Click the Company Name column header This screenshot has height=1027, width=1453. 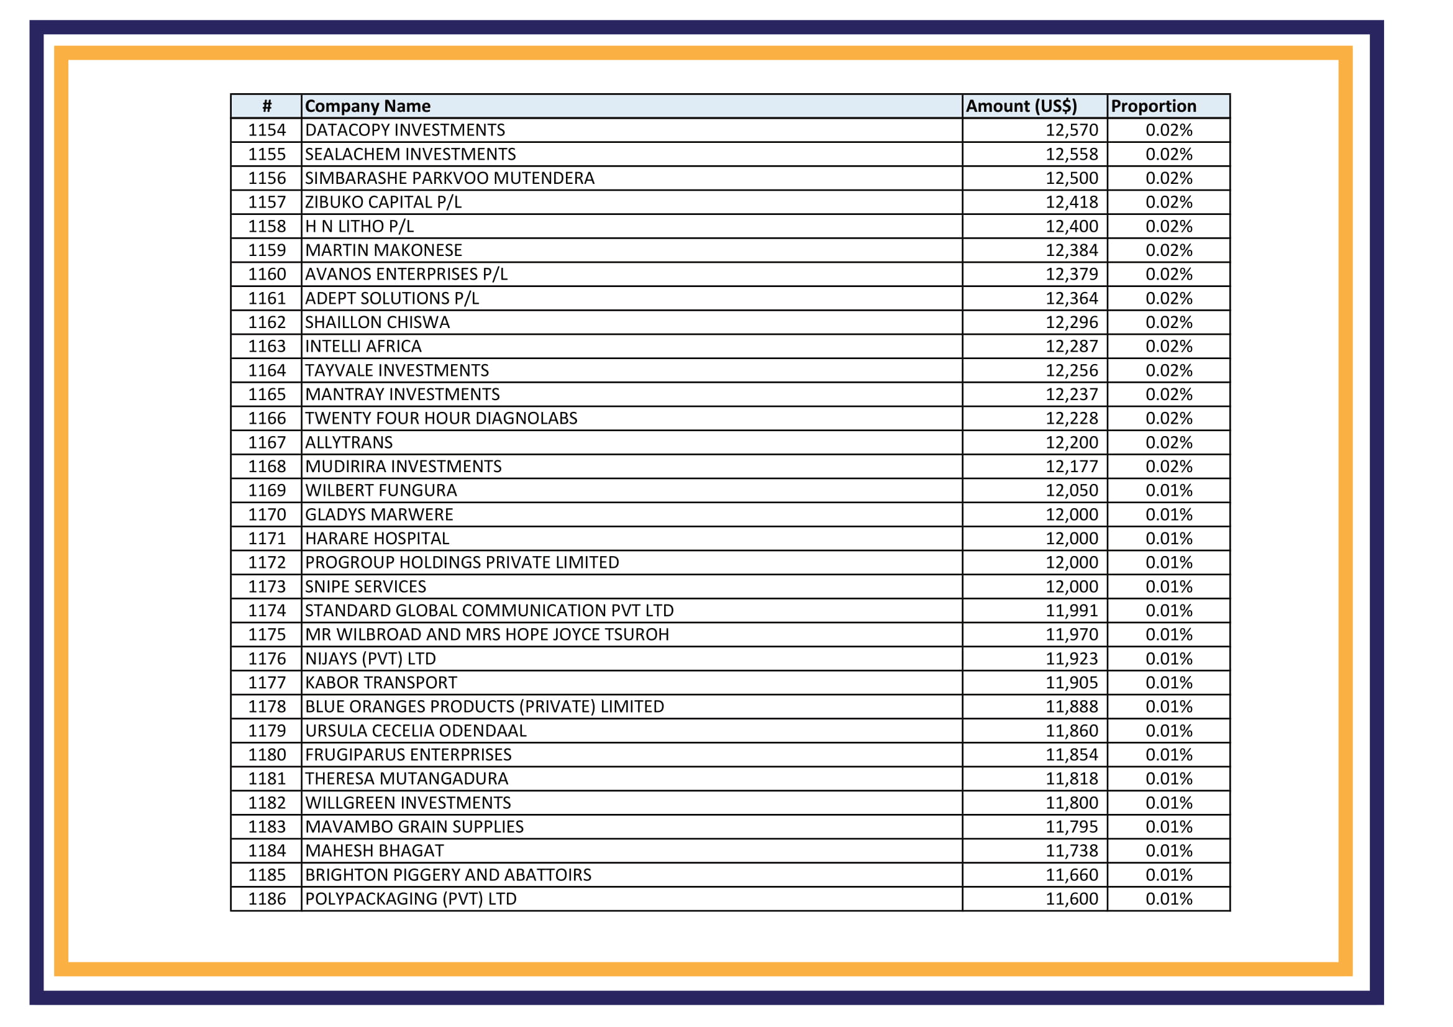tap(367, 106)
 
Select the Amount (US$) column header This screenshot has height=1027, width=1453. tap(1021, 106)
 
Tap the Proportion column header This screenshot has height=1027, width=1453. tap(1153, 106)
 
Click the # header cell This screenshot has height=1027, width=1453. tap(266, 106)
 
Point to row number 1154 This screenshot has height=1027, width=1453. tap(266, 130)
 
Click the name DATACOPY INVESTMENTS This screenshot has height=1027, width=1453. tap(404, 130)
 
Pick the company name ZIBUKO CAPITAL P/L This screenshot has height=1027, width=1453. tap(383, 203)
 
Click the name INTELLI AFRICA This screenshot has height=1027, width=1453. tap(363, 347)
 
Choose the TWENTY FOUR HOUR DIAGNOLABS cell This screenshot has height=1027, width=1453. tap(440, 419)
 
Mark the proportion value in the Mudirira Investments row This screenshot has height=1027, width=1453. tap(1168, 467)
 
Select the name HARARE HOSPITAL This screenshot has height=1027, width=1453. tap(376, 539)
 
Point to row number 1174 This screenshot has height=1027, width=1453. tap(266, 611)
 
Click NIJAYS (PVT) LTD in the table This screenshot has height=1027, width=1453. tap(370, 659)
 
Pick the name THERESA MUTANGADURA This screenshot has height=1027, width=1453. tap(406, 780)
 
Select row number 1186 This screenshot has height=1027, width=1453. tap(266, 900)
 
